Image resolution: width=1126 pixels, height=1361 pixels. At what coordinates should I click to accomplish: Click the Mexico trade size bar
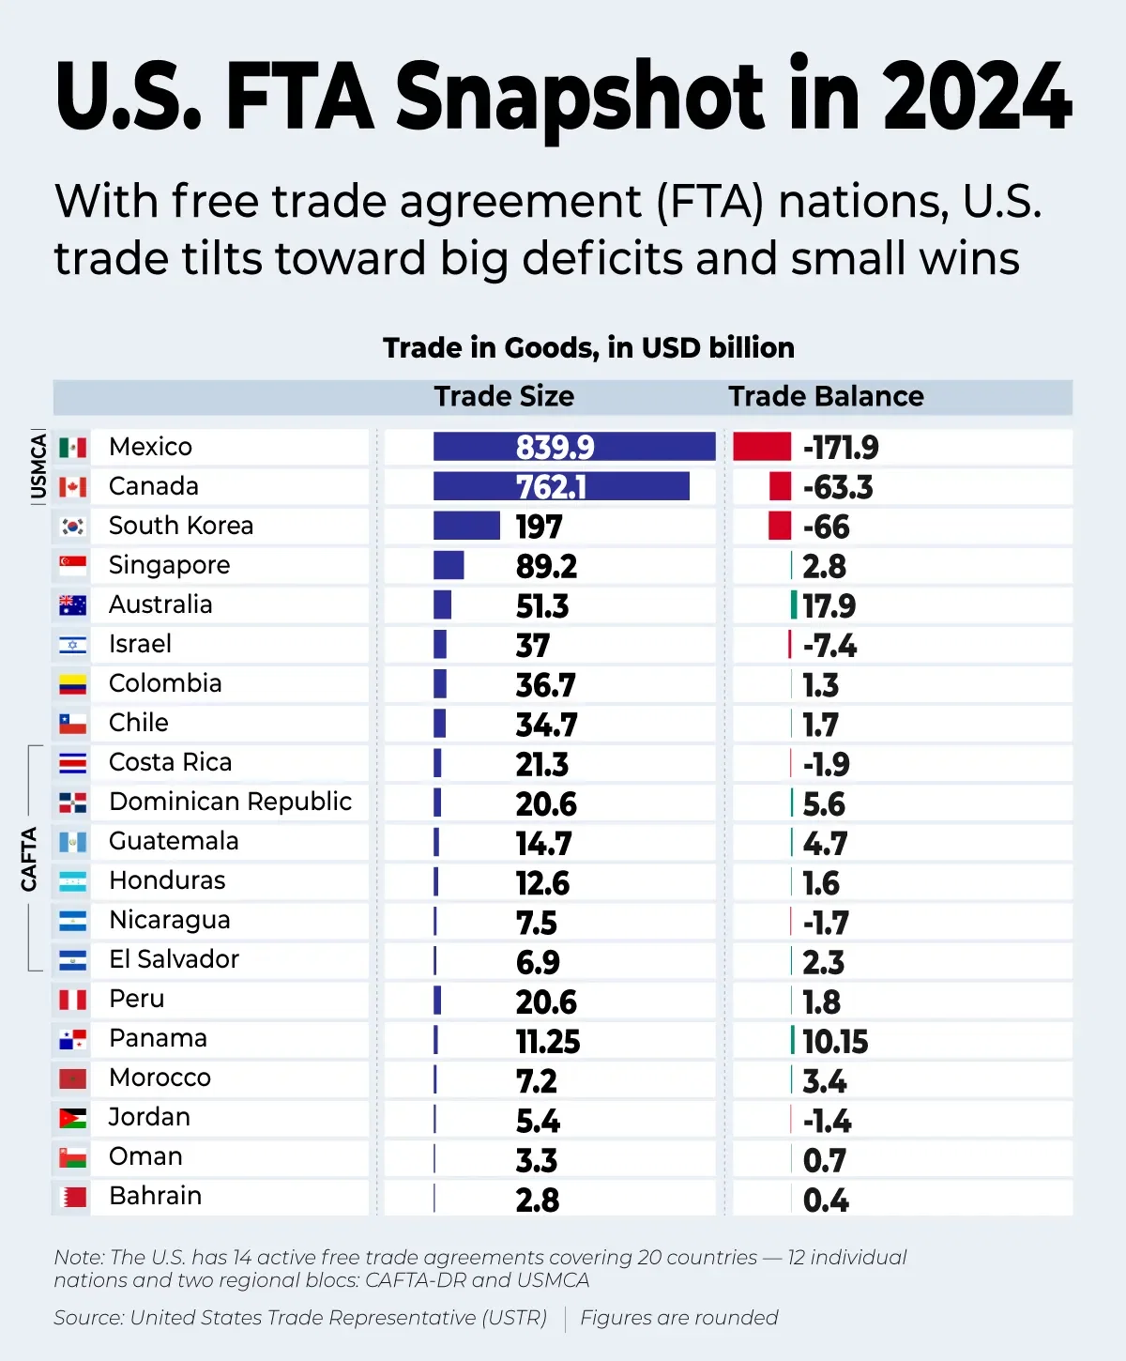pos(573,447)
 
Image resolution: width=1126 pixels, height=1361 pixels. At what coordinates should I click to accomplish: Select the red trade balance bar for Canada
pos(780,486)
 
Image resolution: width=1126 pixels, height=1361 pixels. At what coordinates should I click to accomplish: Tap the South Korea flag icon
pos(73,526)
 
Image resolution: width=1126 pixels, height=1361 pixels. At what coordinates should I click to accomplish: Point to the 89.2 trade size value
pos(546,566)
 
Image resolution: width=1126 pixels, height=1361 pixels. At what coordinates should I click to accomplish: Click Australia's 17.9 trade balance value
pos(829,605)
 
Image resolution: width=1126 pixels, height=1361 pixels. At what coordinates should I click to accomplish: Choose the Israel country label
pos(140,644)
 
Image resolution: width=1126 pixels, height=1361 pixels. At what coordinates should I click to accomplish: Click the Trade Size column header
pos(504,396)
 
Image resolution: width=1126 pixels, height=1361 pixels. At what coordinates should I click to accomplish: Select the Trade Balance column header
pos(826,396)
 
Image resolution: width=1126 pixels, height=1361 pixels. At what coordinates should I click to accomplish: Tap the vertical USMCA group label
pos(38,466)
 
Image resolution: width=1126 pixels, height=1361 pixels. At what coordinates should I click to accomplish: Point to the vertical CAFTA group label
pos(29,859)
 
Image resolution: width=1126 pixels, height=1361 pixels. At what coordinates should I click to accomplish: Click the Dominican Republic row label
pos(230,802)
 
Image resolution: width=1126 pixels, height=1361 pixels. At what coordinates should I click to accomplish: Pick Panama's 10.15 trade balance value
pos(835,1041)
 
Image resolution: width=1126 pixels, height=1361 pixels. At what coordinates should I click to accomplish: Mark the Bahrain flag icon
pos(73,1197)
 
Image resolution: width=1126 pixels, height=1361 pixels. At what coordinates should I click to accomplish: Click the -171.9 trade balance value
pos(841,448)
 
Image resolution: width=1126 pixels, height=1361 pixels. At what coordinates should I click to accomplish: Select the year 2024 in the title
pos(976,97)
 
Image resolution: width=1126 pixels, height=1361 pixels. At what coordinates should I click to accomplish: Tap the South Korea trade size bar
pos(466,526)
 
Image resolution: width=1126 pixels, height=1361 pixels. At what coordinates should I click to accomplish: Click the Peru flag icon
pos(73,1000)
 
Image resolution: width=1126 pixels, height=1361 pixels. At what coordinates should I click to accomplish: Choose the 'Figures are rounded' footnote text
pos(678,1318)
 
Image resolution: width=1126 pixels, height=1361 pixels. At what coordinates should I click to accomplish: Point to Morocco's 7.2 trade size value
pos(536,1081)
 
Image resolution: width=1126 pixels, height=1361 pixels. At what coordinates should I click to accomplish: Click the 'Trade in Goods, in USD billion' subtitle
pos(588,348)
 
